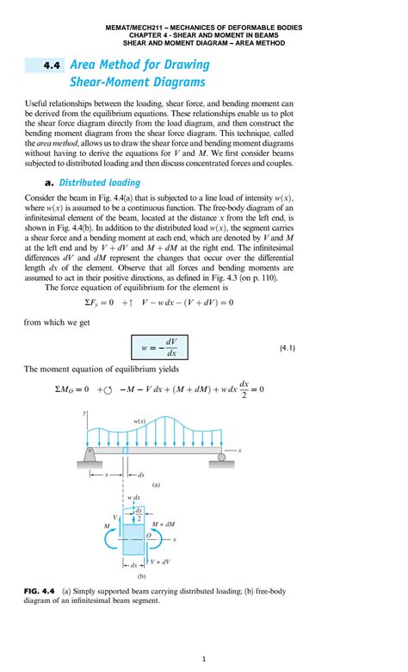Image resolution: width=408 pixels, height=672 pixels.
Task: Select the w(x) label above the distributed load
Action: pos(139,421)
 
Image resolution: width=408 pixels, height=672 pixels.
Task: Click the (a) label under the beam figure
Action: pos(156,485)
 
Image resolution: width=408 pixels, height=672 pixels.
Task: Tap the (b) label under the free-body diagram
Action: pos(140,576)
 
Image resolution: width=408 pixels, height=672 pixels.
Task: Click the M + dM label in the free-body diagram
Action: pos(164,523)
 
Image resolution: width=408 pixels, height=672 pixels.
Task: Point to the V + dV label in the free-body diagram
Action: pos(161,561)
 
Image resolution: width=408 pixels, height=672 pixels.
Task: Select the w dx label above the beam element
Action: pos(133,498)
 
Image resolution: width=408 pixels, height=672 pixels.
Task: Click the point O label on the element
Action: pos(148,534)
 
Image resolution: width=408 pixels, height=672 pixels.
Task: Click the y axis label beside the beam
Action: pos(86,413)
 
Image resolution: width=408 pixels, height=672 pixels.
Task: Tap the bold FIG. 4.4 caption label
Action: pos(39,592)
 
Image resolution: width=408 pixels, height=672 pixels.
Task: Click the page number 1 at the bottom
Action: pos(204,659)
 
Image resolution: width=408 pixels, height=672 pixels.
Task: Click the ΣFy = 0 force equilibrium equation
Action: pos(159,302)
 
